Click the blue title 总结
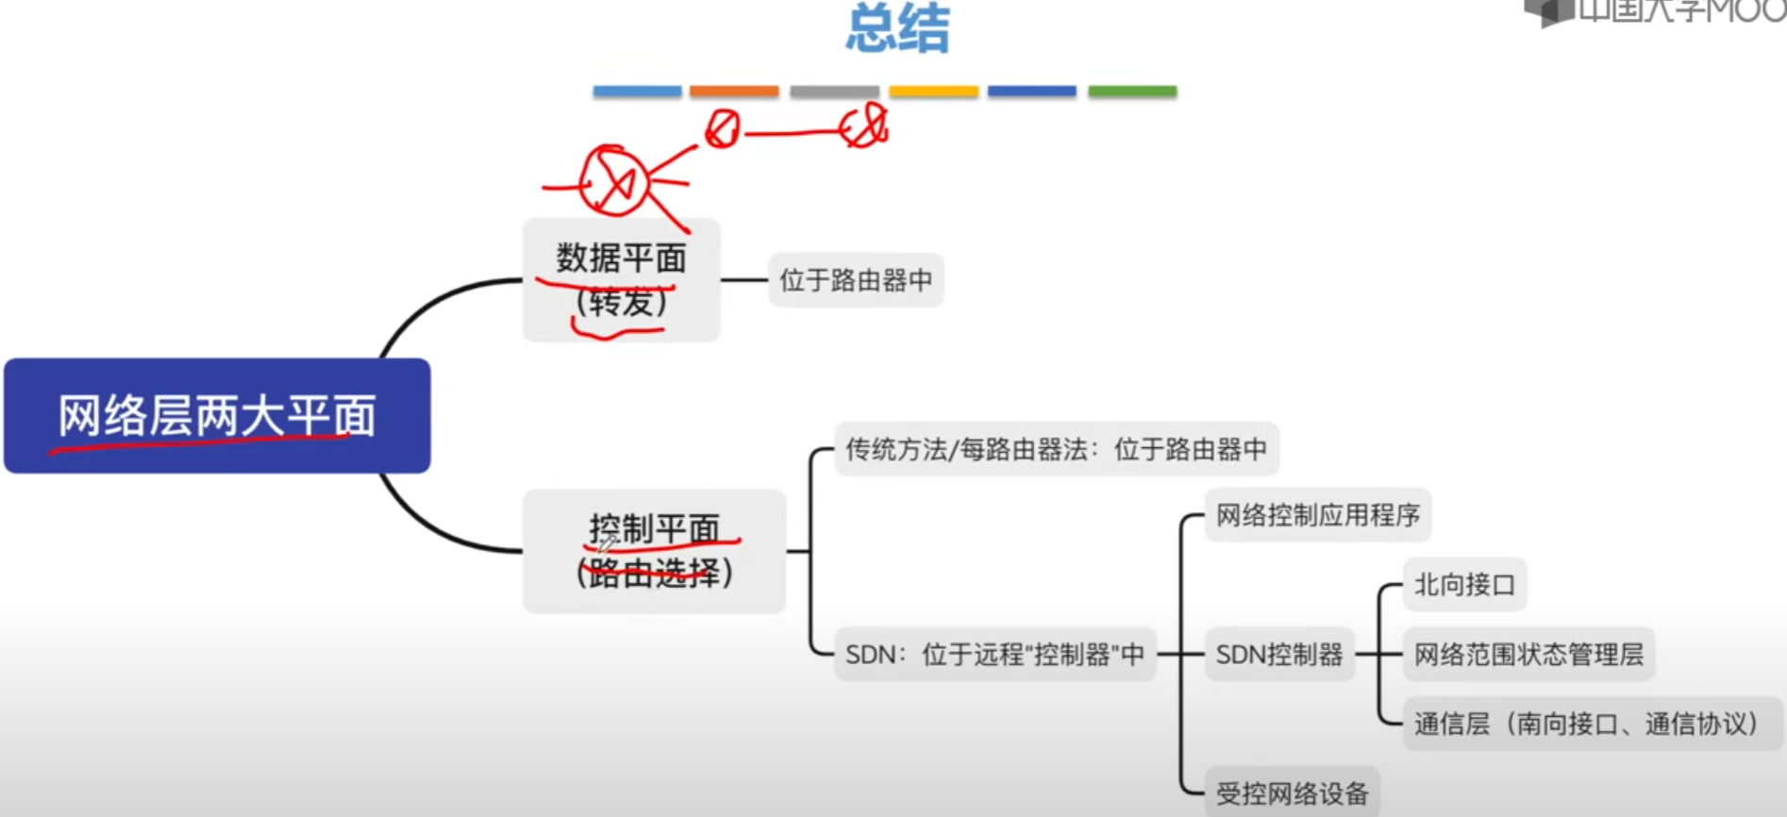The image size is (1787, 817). (897, 28)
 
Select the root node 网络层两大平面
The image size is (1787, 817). (217, 416)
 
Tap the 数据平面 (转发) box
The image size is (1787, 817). (621, 280)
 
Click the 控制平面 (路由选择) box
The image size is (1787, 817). (654, 551)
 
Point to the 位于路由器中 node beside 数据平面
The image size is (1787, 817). (856, 280)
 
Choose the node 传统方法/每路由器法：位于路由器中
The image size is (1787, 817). (1056, 449)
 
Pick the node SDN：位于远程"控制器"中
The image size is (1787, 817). (994, 654)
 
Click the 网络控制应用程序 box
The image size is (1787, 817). (1317, 515)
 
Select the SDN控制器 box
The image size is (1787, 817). (1278, 654)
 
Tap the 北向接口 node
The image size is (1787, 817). (1464, 585)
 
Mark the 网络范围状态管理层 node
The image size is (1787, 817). (1528, 654)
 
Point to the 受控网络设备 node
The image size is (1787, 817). (1292, 792)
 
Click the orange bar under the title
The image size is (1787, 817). (734, 92)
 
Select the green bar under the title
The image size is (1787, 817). (1132, 92)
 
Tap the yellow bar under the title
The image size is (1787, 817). (933, 92)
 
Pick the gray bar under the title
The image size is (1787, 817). (834, 92)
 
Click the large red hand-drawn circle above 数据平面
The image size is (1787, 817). (613, 181)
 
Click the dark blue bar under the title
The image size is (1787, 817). (1032, 92)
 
